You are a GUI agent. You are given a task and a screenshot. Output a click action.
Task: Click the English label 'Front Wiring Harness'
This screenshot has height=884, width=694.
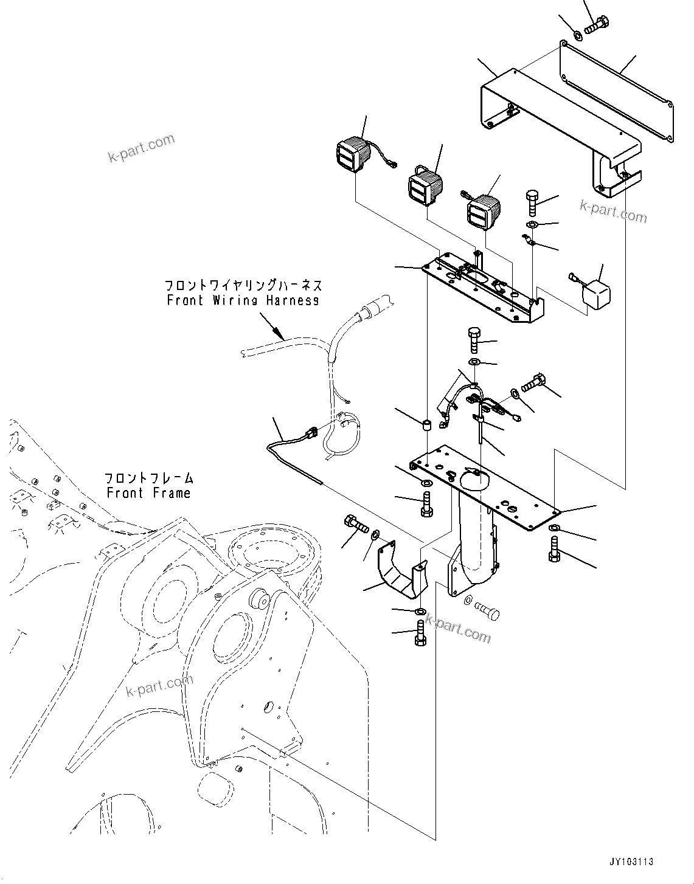(x=243, y=300)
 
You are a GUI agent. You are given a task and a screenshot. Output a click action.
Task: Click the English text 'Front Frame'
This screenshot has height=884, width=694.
(x=148, y=492)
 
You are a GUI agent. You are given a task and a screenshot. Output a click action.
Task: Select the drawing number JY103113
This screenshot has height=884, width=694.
(x=631, y=862)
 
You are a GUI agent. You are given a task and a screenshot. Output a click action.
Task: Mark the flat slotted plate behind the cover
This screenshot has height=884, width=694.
(x=617, y=91)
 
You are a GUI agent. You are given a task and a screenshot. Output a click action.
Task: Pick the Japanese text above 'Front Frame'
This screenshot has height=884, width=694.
(x=148, y=478)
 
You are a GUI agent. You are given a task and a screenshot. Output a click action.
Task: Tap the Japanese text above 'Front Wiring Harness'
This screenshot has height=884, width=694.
(x=243, y=285)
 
